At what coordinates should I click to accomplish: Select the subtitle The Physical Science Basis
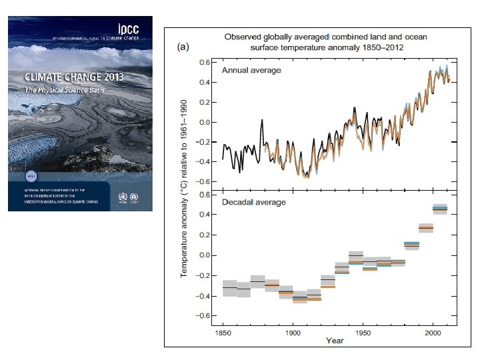(x=69, y=89)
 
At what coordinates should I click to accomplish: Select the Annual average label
(x=251, y=70)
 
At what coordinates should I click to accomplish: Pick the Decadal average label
(x=253, y=202)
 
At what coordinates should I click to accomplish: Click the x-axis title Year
(x=335, y=341)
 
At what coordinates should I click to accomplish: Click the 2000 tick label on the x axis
(x=433, y=331)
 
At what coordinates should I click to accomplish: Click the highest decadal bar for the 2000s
(x=439, y=209)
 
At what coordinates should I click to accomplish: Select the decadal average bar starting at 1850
(x=229, y=287)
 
